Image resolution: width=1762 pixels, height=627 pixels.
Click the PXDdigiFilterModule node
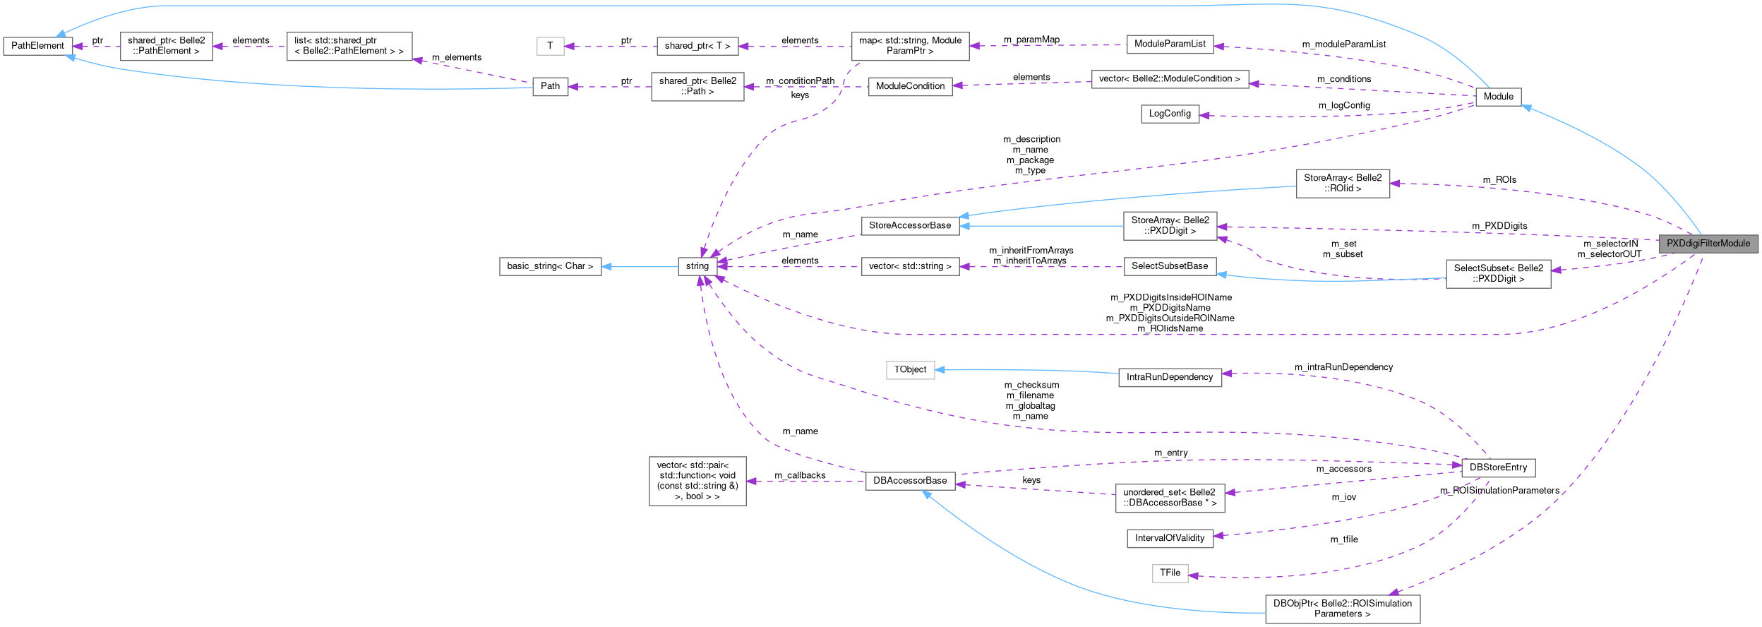click(1708, 244)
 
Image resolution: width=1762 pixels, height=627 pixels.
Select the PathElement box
click(37, 46)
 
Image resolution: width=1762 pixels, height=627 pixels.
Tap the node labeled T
click(550, 46)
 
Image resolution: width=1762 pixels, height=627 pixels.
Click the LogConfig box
click(1169, 114)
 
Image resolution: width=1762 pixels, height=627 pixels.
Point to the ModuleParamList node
click(1169, 44)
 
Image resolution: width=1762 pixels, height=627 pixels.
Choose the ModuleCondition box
click(909, 86)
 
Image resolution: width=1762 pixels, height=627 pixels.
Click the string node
click(697, 266)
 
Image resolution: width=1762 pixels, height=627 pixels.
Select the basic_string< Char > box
click(550, 266)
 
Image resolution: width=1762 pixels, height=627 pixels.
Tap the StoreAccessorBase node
click(909, 225)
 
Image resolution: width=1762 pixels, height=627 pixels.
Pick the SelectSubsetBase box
click(1169, 266)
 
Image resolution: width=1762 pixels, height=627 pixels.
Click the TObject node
click(909, 369)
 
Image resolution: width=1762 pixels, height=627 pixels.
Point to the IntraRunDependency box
click(1169, 377)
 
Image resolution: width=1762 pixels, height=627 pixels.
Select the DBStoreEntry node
click(1497, 467)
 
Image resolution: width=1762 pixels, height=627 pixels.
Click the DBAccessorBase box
click(909, 481)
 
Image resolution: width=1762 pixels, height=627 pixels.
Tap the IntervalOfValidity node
click(1169, 538)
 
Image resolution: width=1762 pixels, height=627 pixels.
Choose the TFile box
click(1169, 573)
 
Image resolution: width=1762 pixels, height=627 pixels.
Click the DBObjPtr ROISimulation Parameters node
click(1341, 609)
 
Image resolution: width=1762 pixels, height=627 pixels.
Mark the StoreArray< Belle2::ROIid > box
click(1342, 184)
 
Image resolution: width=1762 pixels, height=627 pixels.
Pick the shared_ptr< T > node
click(697, 46)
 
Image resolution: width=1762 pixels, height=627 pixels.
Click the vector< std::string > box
click(909, 266)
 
